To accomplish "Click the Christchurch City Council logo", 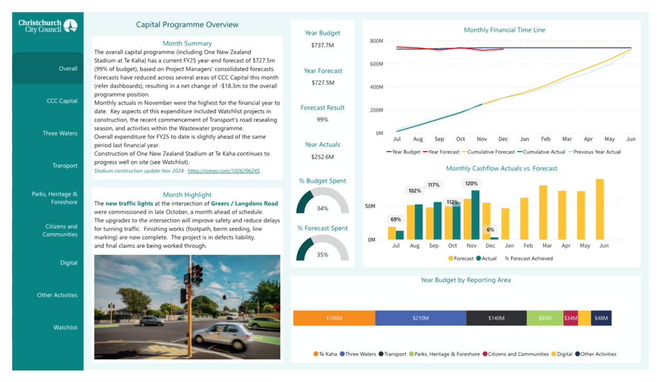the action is [x=48, y=26].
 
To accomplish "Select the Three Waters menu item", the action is [x=60, y=133].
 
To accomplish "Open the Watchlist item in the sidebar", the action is [x=65, y=327].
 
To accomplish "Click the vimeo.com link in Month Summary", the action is [x=224, y=170].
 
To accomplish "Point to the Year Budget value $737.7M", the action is [x=322, y=45].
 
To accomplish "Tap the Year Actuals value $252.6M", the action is [x=322, y=157].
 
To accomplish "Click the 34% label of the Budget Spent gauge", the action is [x=322, y=208].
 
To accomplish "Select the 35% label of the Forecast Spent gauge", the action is [x=322, y=255].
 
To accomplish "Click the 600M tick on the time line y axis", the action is [x=377, y=64].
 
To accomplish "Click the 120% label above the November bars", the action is [x=471, y=183].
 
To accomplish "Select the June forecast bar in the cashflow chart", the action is [x=600, y=209].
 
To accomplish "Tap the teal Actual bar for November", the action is [x=475, y=215].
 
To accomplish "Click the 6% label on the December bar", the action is [x=490, y=229].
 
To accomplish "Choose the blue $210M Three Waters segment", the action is [x=421, y=318].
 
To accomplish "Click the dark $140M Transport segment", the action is [x=496, y=318].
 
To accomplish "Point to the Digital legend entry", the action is [x=562, y=354].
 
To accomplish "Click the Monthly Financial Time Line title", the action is [x=504, y=30].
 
